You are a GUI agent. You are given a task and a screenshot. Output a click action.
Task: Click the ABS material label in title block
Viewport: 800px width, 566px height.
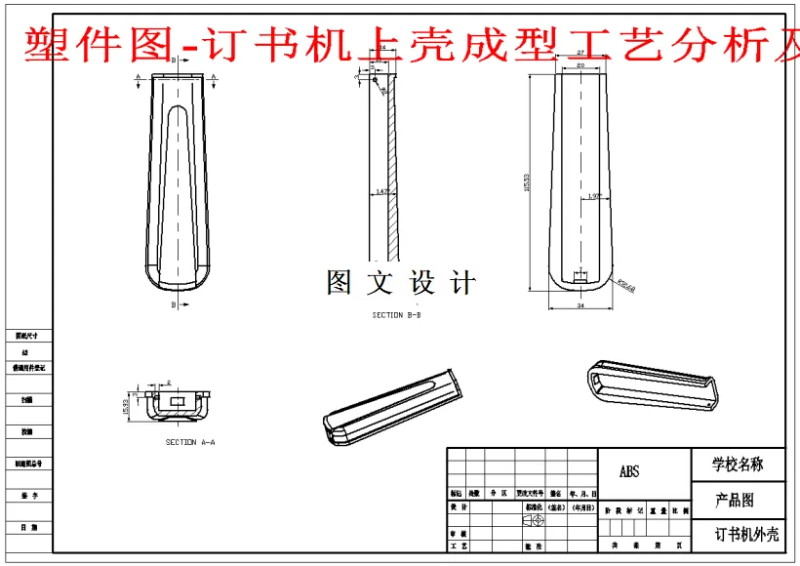[x=629, y=472]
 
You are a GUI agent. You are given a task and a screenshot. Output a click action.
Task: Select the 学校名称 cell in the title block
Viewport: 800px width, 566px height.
[x=738, y=465]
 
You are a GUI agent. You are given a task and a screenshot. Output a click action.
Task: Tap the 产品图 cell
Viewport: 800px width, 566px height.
[x=735, y=501]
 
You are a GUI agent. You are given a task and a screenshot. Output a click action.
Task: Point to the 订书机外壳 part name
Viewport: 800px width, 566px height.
[x=746, y=535]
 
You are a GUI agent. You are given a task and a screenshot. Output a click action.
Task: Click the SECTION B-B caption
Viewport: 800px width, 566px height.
[x=396, y=315]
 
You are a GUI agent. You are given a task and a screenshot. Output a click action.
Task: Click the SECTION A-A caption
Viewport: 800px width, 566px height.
[x=190, y=442]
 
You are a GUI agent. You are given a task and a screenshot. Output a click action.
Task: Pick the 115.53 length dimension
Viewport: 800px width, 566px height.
[x=528, y=182]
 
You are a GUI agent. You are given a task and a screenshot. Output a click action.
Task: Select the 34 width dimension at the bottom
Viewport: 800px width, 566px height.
[x=581, y=305]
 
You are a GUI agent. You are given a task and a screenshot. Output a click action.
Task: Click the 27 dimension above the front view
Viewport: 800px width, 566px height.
[x=580, y=52]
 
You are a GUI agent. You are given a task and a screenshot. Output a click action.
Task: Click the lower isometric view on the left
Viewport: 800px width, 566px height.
[x=390, y=405]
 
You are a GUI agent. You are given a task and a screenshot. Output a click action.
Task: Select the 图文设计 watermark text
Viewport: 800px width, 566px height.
[x=401, y=283]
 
